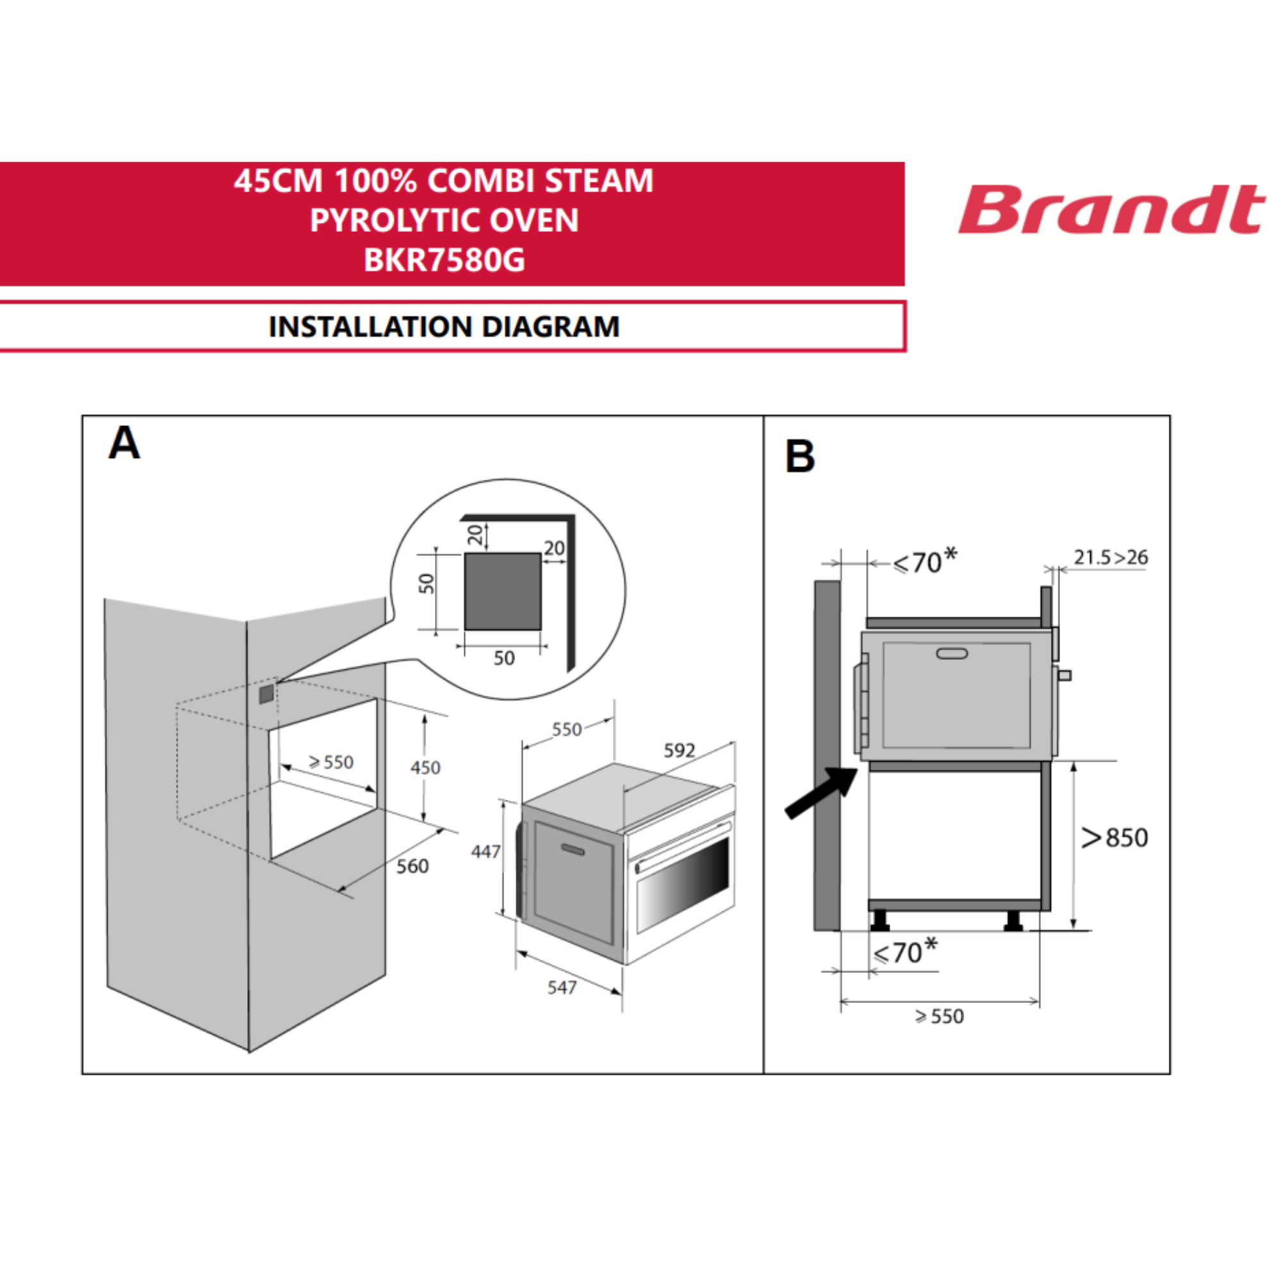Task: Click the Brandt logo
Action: click(x=1111, y=209)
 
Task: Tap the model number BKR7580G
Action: click(x=445, y=259)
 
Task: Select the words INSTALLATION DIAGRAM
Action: click(x=445, y=327)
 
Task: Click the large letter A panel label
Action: click(x=124, y=443)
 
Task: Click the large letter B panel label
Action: click(x=799, y=456)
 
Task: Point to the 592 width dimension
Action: click(x=679, y=751)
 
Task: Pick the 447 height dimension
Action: click(x=485, y=851)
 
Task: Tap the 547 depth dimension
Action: click(x=562, y=988)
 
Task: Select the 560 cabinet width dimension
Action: click(x=412, y=867)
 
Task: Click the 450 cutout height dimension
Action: click(x=425, y=768)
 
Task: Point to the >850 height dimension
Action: click(x=1114, y=837)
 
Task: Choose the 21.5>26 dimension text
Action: click(x=1111, y=558)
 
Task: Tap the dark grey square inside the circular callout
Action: click(x=503, y=591)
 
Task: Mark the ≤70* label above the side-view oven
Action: click(x=924, y=561)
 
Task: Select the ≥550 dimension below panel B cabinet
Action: click(x=939, y=1016)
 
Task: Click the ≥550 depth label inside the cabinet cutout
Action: click(x=332, y=762)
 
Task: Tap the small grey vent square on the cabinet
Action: click(x=266, y=694)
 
